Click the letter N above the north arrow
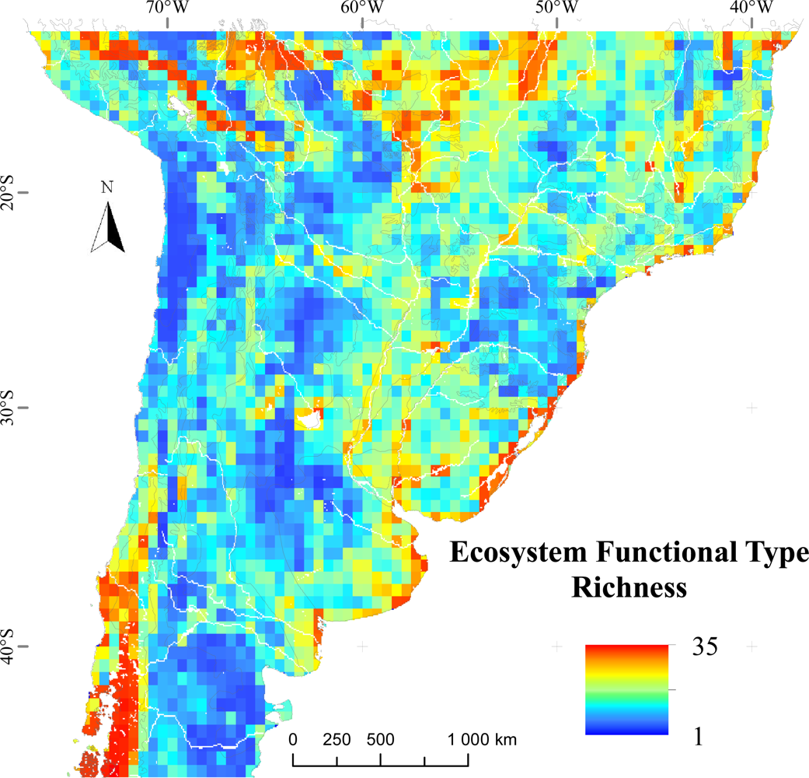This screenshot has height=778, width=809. pyautogui.click(x=107, y=187)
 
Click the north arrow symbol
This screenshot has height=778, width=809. pyautogui.click(x=108, y=227)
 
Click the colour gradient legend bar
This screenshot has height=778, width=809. pyautogui.click(x=627, y=689)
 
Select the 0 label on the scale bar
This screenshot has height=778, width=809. pyautogui.click(x=293, y=738)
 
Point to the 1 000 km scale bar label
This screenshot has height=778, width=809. pyautogui.click(x=482, y=738)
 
